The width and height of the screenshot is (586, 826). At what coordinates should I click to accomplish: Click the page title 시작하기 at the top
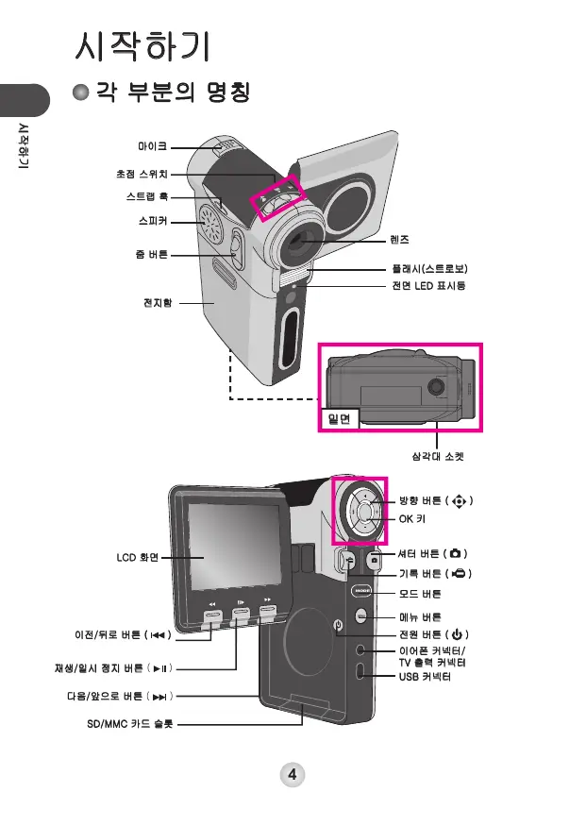click(x=147, y=46)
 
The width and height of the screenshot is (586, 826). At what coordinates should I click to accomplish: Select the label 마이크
click(x=152, y=146)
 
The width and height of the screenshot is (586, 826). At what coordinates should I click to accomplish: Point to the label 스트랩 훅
click(x=147, y=197)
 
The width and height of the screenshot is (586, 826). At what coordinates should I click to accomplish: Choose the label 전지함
click(x=157, y=303)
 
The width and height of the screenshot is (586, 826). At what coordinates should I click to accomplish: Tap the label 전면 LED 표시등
click(x=428, y=285)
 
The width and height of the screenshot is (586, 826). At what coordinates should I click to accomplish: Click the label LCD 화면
click(x=138, y=558)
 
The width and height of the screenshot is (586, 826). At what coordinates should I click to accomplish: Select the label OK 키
click(x=412, y=519)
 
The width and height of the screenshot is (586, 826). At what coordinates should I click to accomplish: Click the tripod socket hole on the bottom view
click(x=437, y=385)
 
